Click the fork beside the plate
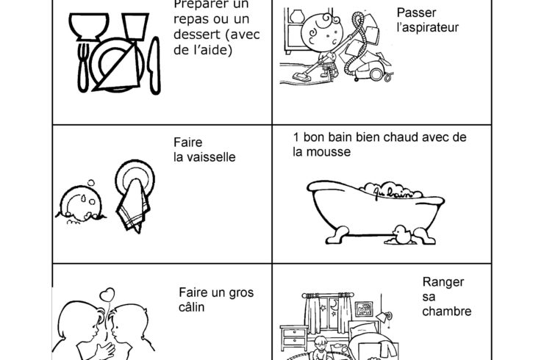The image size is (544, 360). point(82,68)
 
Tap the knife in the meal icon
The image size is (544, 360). point(154,66)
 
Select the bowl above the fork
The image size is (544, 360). point(89,26)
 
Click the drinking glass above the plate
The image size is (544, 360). point(135,26)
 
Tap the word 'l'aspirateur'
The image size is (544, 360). point(428,27)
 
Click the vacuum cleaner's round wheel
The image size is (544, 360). point(376,74)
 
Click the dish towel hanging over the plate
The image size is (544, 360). point(133,205)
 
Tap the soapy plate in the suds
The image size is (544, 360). point(81,204)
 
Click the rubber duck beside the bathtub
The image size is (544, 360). point(402,235)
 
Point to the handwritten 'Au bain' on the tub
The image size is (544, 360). point(393,192)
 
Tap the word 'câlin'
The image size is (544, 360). point(192,307)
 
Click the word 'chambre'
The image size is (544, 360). point(447,311)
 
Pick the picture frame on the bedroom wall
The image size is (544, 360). point(364,309)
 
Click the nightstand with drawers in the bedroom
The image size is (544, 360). point(294,338)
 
